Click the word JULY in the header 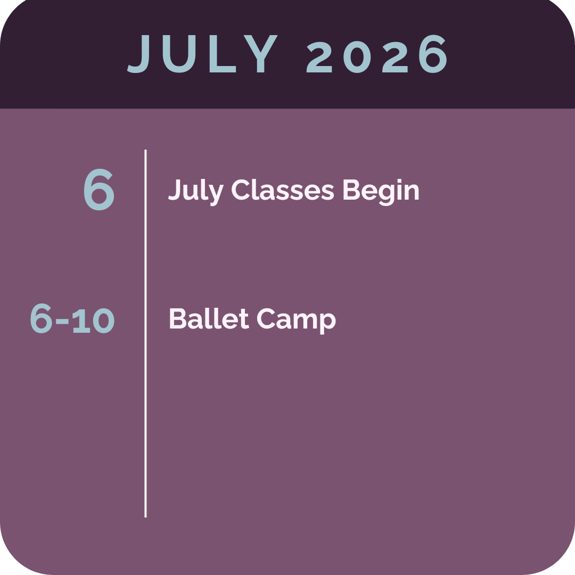pyautogui.click(x=203, y=54)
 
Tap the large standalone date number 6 pyautogui.click(x=99, y=191)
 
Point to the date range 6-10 pyautogui.click(x=72, y=319)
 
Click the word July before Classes pyautogui.click(x=195, y=191)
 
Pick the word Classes pyautogui.click(x=283, y=191)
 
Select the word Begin pyautogui.click(x=381, y=191)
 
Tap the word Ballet pyautogui.click(x=209, y=319)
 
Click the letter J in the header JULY pyautogui.click(x=139, y=54)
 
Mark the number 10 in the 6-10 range pyautogui.click(x=94, y=320)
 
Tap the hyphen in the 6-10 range pyautogui.click(x=62, y=322)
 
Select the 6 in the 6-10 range pyautogui.click(x=41, y=319)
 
